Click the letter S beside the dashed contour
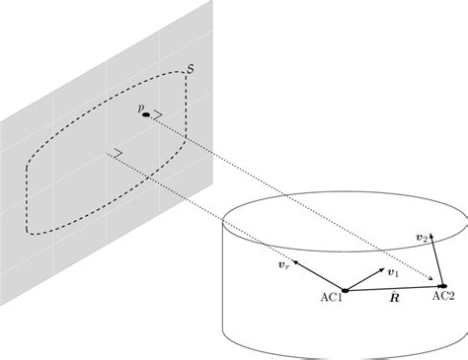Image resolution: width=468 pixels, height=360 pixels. click(x=190, y=70)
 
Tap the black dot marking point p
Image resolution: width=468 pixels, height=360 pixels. click(x=146, y=115)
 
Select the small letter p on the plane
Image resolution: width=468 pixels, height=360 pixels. click(x=140, y=106)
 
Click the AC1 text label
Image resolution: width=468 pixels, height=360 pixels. click(x=332, y=297)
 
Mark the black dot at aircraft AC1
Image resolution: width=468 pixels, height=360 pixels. click(x=345, y=289)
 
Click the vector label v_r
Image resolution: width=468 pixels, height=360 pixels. click(x=283, y=265)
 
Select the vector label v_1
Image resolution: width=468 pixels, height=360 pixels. click(x=393, y=272)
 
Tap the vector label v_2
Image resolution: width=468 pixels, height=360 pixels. click(x=422, y=239)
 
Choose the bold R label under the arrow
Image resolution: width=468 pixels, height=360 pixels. click(x=394, y=296)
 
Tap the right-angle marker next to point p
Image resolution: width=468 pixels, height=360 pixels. click(x=157, y=114)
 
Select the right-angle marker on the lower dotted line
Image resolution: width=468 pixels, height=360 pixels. click(x=117, y=152)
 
